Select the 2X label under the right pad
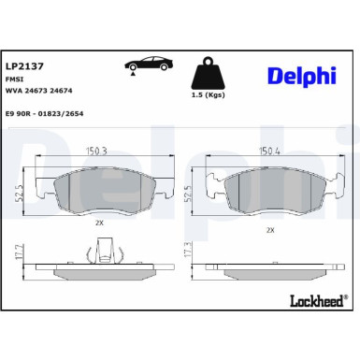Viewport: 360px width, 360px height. click(270, 229)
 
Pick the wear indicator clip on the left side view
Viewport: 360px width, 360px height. click(107, 252)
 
